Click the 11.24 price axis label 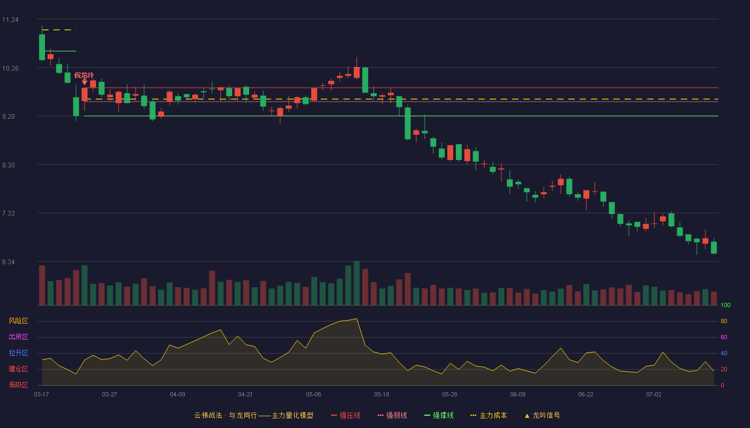(x=10, y=20)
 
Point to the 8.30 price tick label (x=9, y=165)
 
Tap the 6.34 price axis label (x=9, y=262)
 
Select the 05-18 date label (x=381, y=395)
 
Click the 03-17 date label (x=42, y=395)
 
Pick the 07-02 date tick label (x=654, y=395)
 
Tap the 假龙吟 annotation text (x=84, y=75)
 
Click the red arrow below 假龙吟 (x=85, y=82)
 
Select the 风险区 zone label (x=18, y=321)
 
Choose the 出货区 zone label (x=18, y=337)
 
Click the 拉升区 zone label (x=18, y=353)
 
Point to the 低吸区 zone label (x=18, y=385)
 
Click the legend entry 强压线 (x=346, y=415)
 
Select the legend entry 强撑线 (x=439, y=415)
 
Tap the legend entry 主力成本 (x=489, y=415)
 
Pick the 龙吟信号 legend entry (x=542, y=415)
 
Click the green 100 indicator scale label (x=725, y=305)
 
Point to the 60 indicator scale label (x=724, y=337)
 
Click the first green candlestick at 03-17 (x=42, y=47)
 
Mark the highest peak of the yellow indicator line (x=357, y=319)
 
